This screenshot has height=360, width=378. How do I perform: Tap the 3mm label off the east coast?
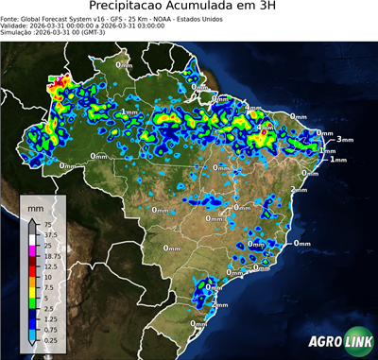(x=344, y=139)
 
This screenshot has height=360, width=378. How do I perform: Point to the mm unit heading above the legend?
(x=35, y=206)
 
